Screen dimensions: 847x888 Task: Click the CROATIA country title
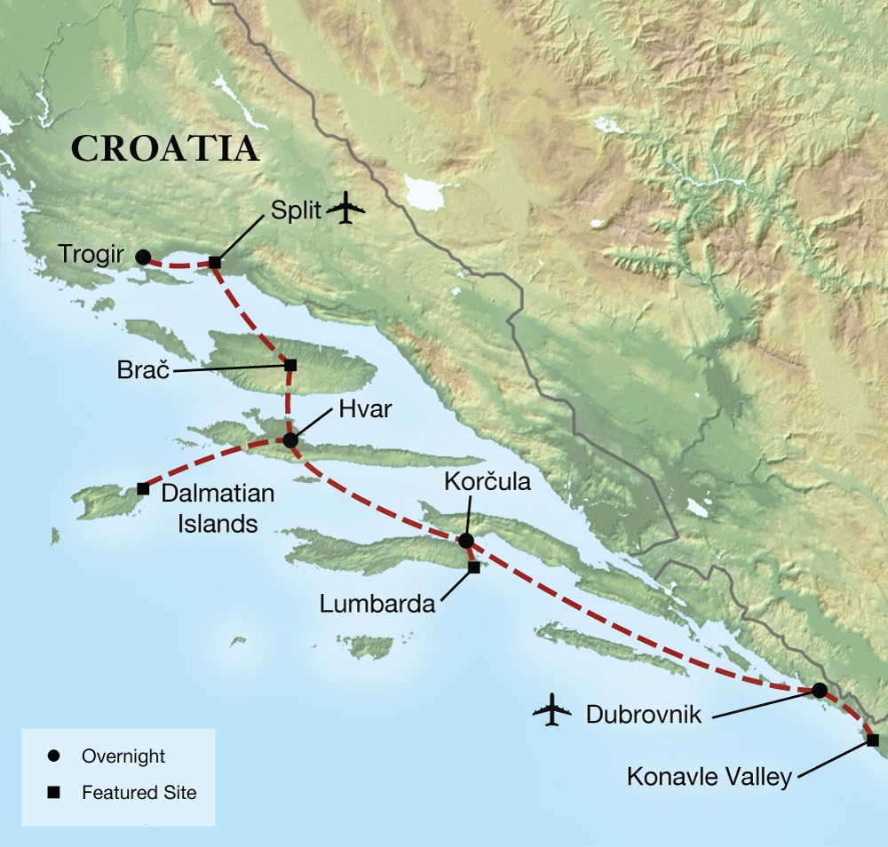point(165,148)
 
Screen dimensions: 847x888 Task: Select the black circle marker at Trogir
point(142,257)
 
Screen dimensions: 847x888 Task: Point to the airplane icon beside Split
point(346,210)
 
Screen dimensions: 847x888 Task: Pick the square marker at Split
point(214,262)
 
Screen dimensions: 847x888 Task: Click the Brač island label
point(138,368)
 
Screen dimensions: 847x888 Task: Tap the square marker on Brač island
point(289,364)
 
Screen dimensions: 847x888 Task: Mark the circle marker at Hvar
point(289,440)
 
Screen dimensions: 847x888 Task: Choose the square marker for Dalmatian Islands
point(142,488)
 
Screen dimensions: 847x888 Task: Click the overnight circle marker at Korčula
point(465,541)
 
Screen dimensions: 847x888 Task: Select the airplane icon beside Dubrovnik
point(551,713)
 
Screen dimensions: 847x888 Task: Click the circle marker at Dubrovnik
point(820,690)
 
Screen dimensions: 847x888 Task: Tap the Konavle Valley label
point(709,778)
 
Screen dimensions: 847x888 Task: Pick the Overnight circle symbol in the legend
point(53,756)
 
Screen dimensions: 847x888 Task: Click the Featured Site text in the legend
point(139,792)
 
